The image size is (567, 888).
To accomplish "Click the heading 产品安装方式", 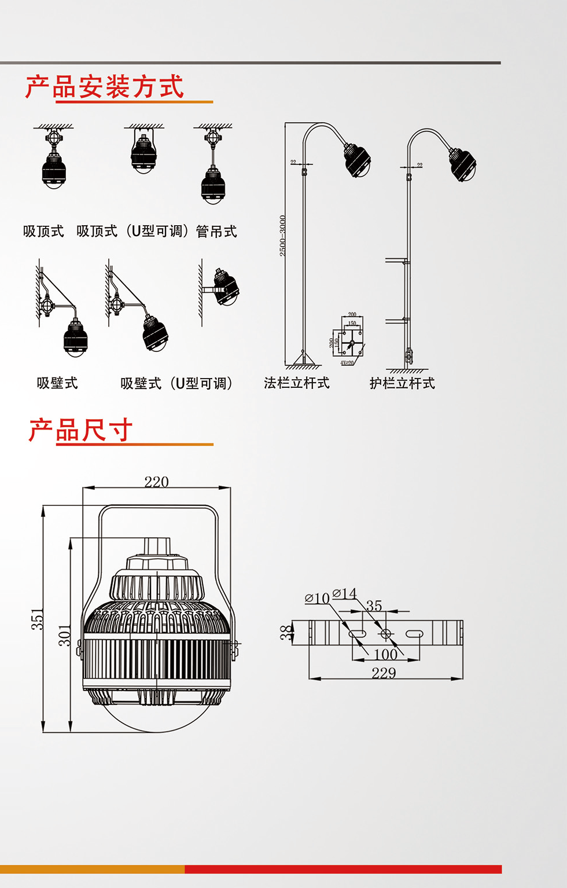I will tap(105, 87).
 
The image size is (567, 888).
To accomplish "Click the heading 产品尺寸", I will tap(81, 430).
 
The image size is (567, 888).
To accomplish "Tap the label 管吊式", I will tap(216, 232).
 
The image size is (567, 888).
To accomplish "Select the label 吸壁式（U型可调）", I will tap(176, 383).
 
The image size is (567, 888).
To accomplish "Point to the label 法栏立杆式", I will tap(297, 383).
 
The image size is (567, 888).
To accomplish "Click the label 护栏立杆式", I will tap(402, 383).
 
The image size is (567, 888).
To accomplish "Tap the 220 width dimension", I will tap(156, 482).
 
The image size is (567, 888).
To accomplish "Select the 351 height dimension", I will tap(37, 619).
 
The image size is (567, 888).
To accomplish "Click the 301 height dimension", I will tap(65, 635).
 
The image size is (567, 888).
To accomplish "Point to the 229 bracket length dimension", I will tap(384, 673).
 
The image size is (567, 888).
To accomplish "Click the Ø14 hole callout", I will tap(345, 593).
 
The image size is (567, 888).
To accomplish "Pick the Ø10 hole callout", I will tap(317, 598).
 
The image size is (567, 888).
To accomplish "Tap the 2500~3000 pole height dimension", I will tap(282, 236).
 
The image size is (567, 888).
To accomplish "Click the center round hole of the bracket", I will tap(386, 634).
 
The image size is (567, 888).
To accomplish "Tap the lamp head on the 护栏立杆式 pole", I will tap(462, 163).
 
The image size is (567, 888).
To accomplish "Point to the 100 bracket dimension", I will tap(385, 654).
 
